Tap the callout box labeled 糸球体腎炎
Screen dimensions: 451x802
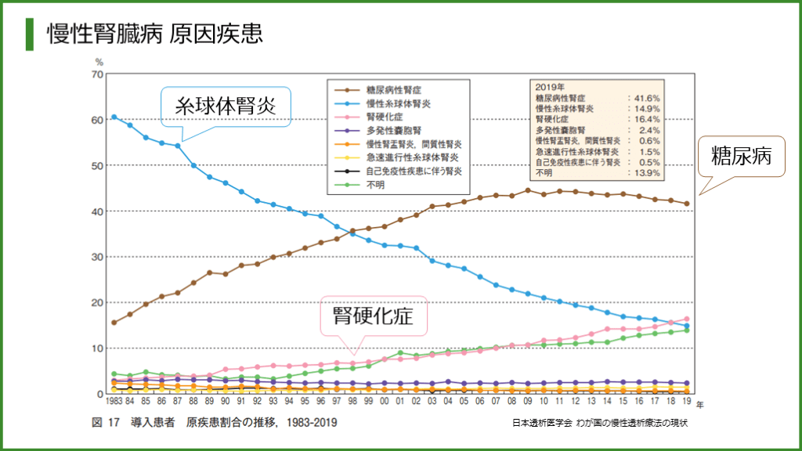click(x=226, y=106)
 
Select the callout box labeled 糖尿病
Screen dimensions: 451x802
click(x=741, y=157)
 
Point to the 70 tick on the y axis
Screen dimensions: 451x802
click(x=97, y=74)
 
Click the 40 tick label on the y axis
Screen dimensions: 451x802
click(x=97, y=211)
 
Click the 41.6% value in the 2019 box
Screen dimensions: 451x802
click(x=648, y=99)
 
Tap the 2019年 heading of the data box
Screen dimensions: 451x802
click(x=552, y=88)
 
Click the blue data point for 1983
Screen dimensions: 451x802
click(x=114, y=117)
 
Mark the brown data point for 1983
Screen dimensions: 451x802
click(x=114, y=323)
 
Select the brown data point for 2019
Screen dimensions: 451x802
click(x=687, y=204)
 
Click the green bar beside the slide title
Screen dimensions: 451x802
click(x=30, y=33)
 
